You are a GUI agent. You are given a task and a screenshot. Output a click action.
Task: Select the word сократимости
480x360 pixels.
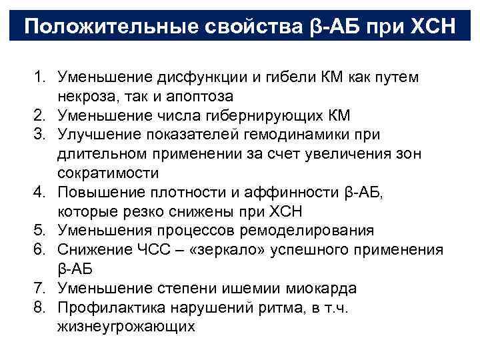pyautogui.click(x=117, y=174)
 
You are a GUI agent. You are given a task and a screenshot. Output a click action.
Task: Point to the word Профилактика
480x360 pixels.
pyautogui.click(x=111, y=309)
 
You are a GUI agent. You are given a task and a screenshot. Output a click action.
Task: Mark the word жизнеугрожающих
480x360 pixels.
pyautogui.click(x=126, y=327)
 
